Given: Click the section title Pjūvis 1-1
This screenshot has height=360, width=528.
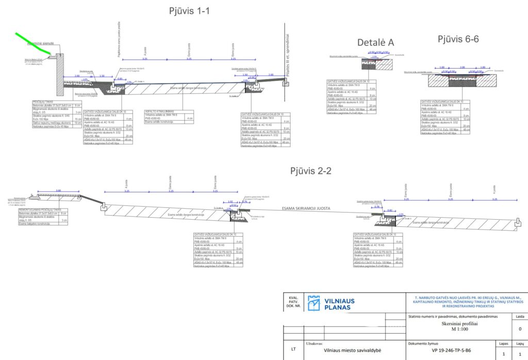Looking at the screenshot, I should pyautogui.click(x=189, y=11).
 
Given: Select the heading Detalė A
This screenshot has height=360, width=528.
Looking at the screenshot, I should pyautogui.click(x=376, y=43).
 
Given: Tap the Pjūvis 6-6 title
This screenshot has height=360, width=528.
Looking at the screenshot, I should pyautogui.click(x=458, y=39).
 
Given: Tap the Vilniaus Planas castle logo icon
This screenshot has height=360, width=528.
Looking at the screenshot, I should pyautogui.click(x=313, y=303).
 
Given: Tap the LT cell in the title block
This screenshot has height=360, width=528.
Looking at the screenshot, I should pyautogui.click(x=293, y=349).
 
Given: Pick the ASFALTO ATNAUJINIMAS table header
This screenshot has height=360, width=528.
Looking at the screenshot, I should pyautogui.click(x=159, y=111).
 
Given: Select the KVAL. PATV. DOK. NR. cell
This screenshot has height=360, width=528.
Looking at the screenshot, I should pyautogui.click(x=293, y=303).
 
